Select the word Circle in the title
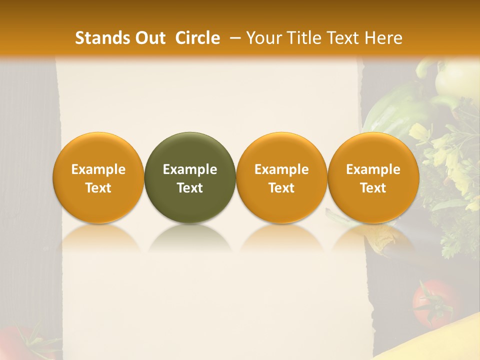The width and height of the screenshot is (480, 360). [197, 38]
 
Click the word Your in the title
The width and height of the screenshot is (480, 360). [262, 38]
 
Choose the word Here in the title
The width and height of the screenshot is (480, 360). [383, 38]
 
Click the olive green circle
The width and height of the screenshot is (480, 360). [190, 177]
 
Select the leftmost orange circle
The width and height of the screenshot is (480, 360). [98, 177]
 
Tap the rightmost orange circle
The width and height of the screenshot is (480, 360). [373, 177]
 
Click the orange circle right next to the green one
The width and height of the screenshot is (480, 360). [281, 177]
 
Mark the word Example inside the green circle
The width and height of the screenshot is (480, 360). [190, 169]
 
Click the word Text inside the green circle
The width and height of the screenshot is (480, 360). [190, 188]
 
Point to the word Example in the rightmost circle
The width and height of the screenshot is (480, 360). [373, 169]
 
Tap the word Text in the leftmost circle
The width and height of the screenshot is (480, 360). [98, 188]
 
